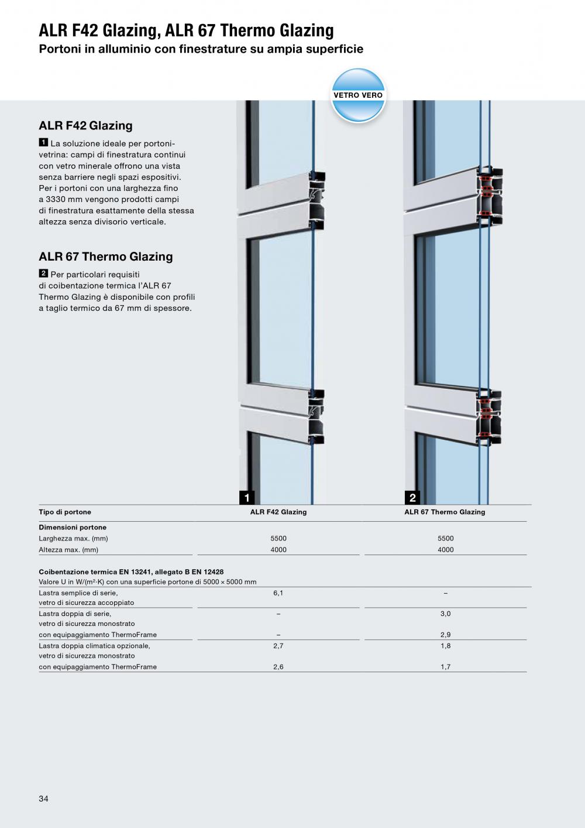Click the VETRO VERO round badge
[358, 95]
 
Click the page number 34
[44, 799]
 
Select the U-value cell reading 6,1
[278, 593]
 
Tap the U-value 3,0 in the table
[446, 614]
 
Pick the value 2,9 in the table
[446, 635]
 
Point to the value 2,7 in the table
[278, 646]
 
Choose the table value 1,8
[446, 646]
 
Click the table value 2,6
[278, 667]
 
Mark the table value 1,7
[446, 667]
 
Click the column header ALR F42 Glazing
[278, 512]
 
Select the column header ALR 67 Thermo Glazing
[445, 512]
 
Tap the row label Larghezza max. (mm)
[74, 539]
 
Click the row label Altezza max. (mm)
[68, 550]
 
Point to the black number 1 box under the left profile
[247, 498]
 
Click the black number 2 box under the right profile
[412, 498]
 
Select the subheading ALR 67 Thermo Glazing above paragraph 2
[106, 256]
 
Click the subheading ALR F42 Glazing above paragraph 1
[85, 125]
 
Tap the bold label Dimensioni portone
[73, 528]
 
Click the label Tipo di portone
[65, 512]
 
